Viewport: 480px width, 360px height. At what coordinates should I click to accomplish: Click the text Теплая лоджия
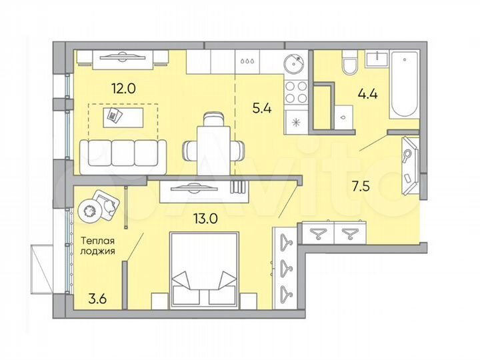(x=98, y=247)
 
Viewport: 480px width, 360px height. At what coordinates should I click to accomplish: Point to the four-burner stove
(x=295, y=91)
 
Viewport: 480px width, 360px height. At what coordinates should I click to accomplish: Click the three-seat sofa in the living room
(x=123, y=152)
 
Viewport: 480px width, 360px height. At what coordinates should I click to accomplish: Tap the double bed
(x=205, y=270)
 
